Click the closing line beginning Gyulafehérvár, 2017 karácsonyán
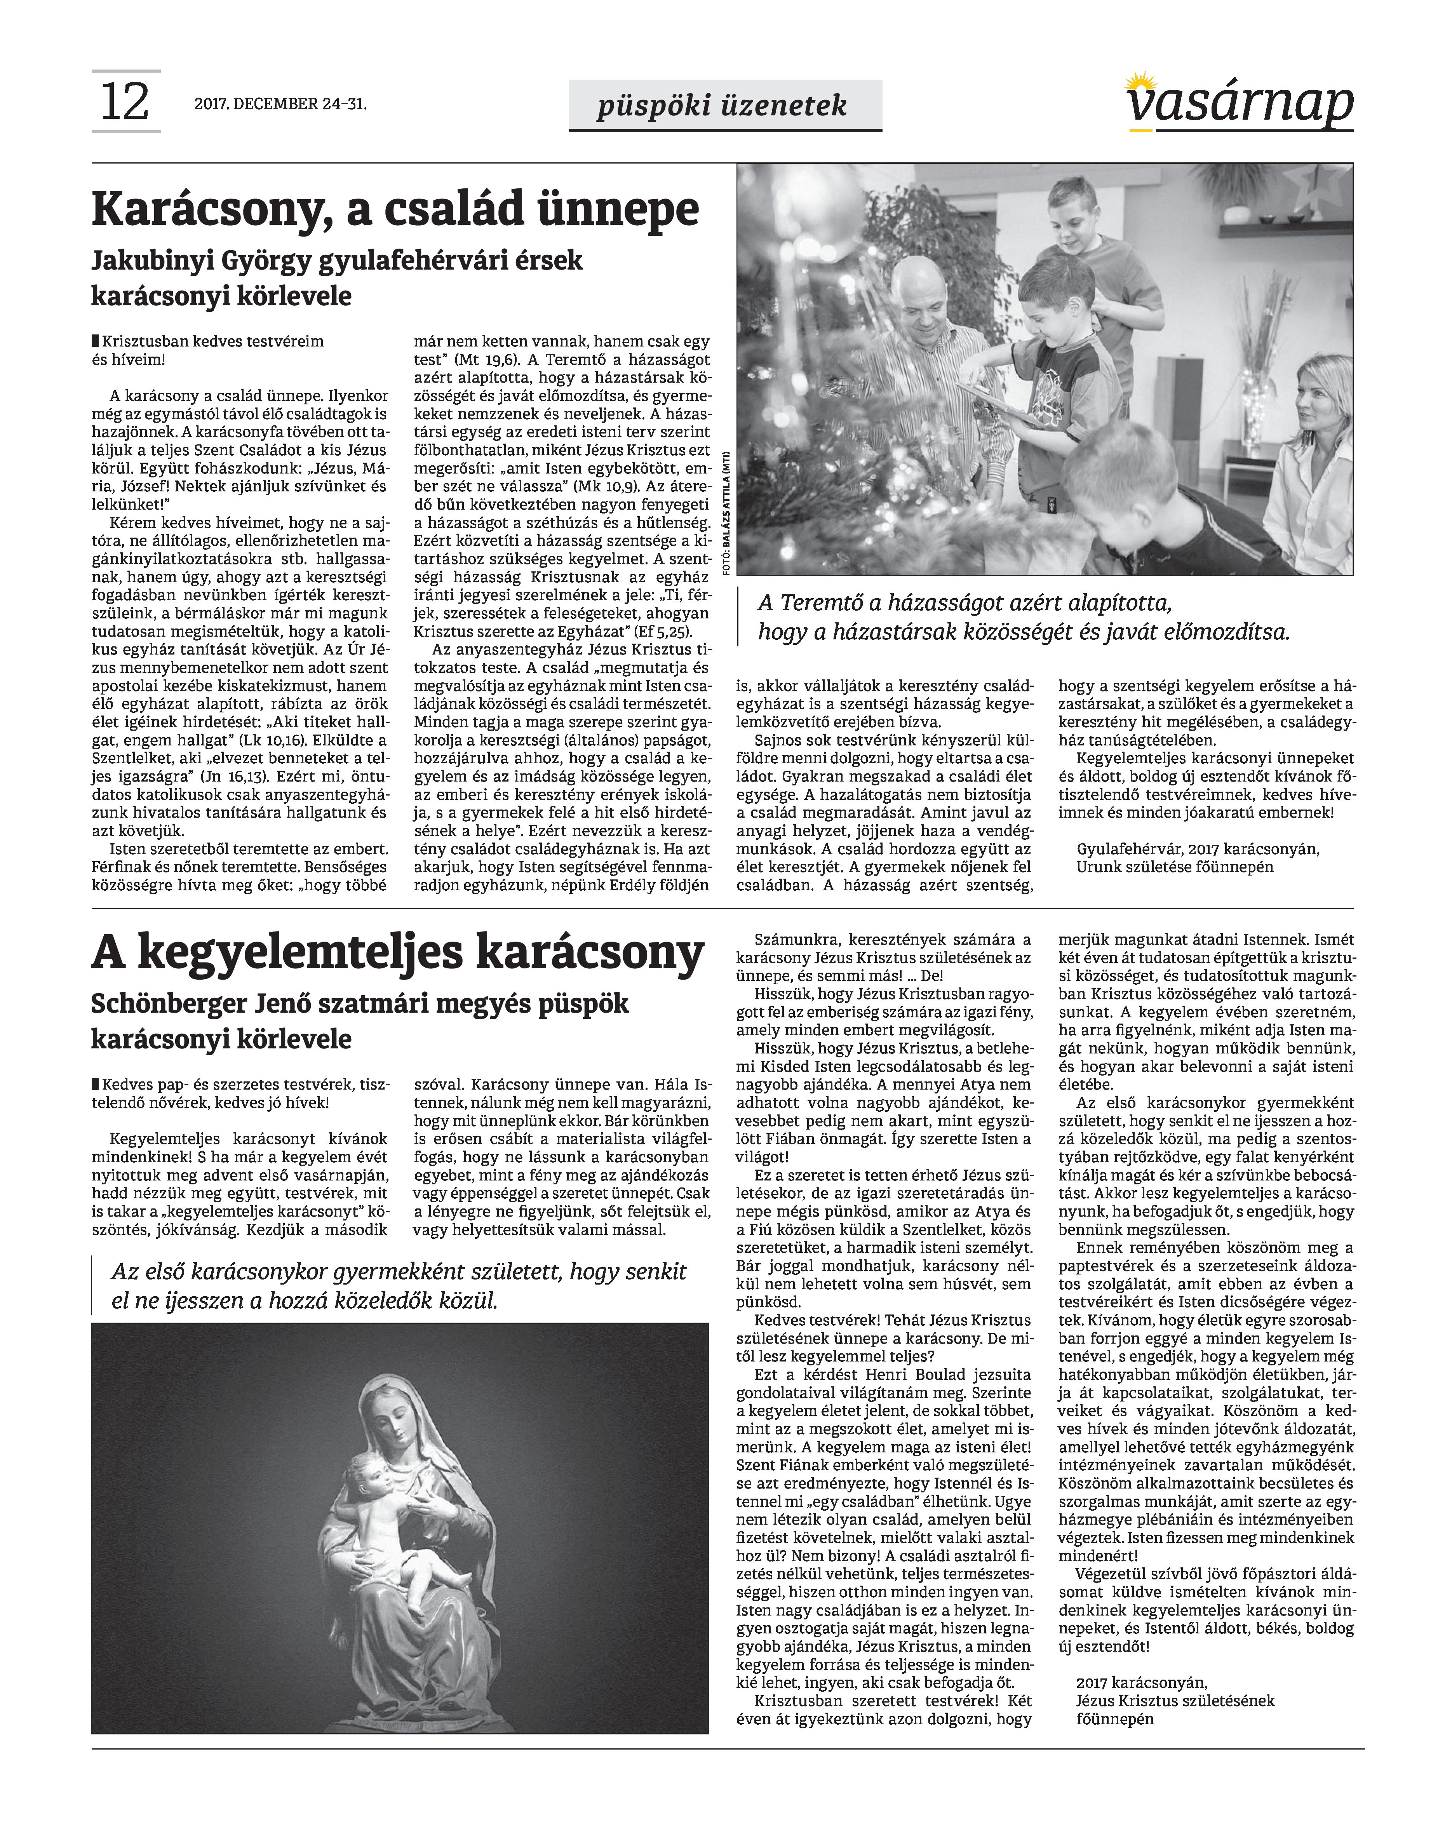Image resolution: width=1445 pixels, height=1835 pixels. [x=1197, y=848]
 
